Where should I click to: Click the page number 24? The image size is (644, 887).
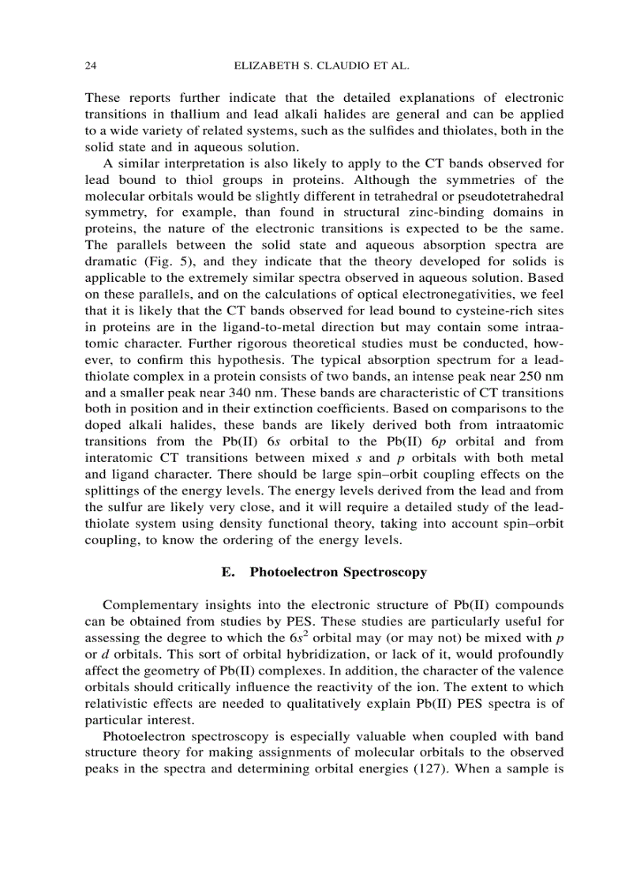pos(90,67)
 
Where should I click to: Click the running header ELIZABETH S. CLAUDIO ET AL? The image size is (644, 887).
pos(322,67)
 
